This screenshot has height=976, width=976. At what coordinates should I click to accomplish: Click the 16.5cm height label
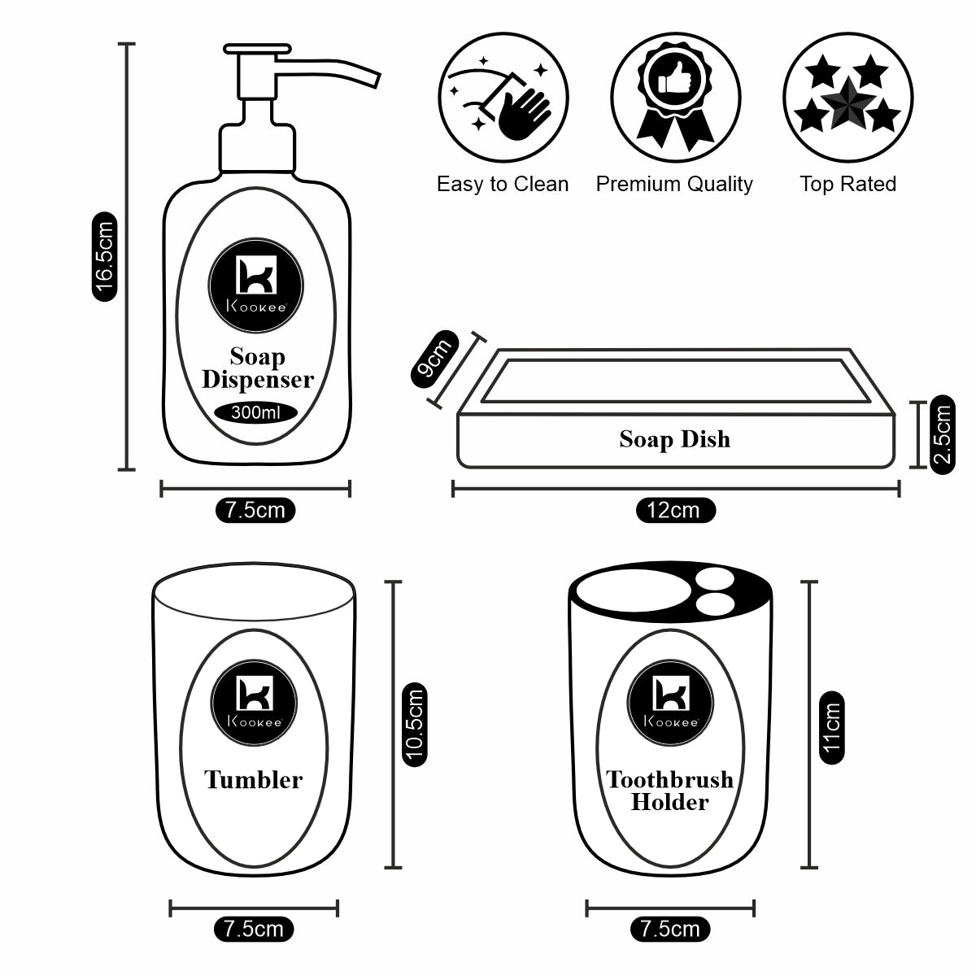106,256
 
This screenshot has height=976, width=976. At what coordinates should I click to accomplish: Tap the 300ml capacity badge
256,412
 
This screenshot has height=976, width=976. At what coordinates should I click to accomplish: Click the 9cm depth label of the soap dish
432,358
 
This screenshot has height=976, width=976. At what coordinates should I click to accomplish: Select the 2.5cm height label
943,435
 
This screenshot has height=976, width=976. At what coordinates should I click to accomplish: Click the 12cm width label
674,511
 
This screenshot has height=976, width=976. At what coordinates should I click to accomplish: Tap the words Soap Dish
674,440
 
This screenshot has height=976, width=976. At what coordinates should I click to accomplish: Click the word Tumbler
253,780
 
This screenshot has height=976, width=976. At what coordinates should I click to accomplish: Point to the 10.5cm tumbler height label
415,724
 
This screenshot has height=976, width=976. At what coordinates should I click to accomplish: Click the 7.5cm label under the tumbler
254,928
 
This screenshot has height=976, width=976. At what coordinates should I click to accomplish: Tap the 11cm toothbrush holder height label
830,726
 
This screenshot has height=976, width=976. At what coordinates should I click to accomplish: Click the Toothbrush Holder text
670,791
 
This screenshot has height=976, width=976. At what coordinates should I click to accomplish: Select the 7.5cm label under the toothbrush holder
669,928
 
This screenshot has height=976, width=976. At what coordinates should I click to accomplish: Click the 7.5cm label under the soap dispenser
255,511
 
